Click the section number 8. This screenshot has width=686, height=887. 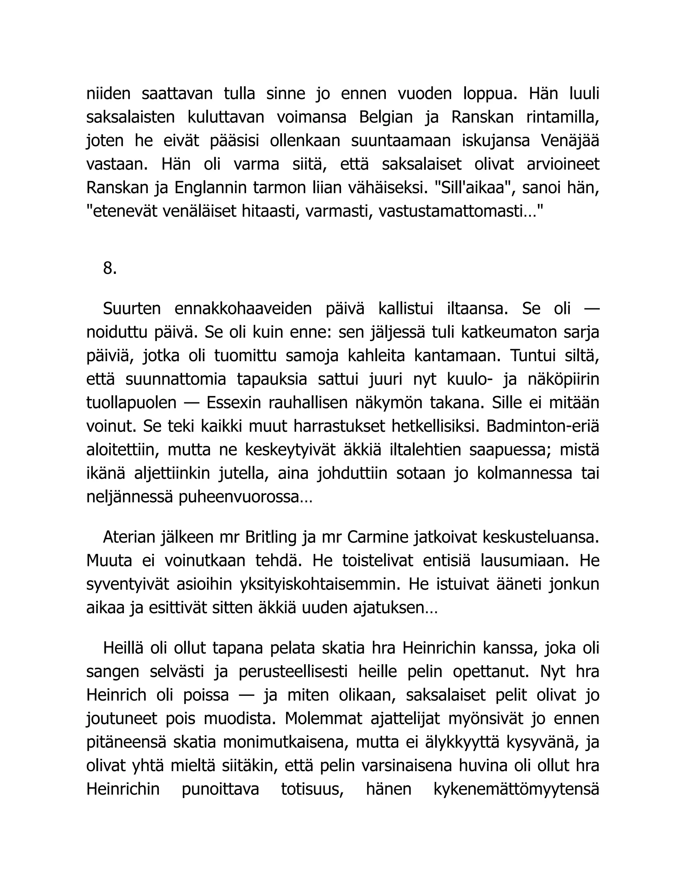coord(110,268)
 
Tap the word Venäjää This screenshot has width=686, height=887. coord(570,141)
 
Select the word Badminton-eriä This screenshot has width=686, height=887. coord(543,426)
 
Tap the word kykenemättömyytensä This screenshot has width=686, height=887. coord(516,790)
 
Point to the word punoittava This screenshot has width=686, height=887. coord(220,790)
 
